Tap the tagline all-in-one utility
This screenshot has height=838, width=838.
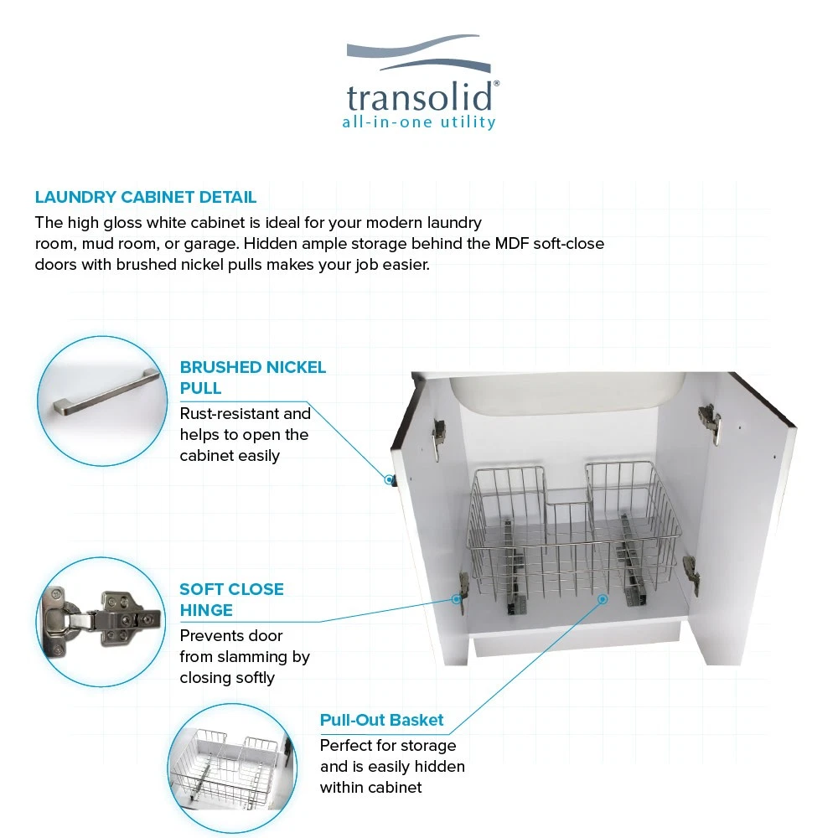pyautogui.click(x=419, y=122)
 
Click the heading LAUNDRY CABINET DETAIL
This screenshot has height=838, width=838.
pyautogui.click(x=145, y=197)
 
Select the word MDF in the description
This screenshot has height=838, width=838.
pyautogui.click(x=511, y=244)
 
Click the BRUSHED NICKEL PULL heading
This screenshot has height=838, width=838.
pyautogui.click(x=252, y=377)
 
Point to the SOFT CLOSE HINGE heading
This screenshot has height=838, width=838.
pyautogui.click(x=231, y=600)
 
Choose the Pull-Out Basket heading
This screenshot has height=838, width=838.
pyautogui.click(x=381, y=720)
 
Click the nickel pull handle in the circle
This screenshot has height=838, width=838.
pyautogui.click(x=106, y=391)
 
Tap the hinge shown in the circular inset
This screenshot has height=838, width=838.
pyautogui.click(x=101, y=620)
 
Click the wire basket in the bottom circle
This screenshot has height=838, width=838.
pyautogui.click(x=227, y=768)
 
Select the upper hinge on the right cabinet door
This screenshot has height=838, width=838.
pyautogui.click(x=710, y=422)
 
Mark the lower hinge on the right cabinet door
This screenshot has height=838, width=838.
pyautogui.click(x=691, y=575)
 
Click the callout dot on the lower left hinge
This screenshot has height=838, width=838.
pyautogui.click(x=457, y=599)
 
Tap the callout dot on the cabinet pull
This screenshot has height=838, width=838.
pyautogui.click(x=389, y=480)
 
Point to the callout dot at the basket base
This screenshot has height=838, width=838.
pyautogui.click(x=603, y=599)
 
